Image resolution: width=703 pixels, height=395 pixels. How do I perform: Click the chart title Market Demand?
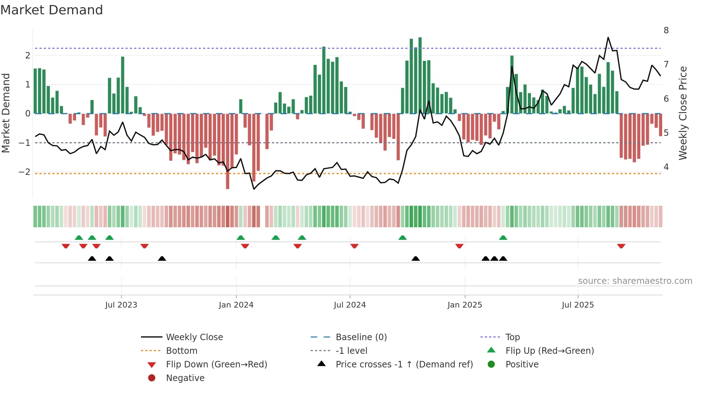(x=52, y=10)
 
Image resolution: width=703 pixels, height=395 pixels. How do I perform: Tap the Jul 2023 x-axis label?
(x=121, y=305)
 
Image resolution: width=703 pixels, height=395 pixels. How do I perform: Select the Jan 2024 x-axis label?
(x=236, y=305)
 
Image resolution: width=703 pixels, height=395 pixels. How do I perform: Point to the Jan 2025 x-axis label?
(x=465, y=305)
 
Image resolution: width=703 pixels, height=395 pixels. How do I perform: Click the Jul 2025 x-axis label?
(x=578, y=305)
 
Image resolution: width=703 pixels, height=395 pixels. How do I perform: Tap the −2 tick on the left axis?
(x=24, y=172)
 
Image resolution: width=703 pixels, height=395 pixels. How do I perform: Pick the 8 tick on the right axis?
(x=666, y=30)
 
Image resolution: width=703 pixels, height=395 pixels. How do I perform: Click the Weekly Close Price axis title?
(x=683, y=113)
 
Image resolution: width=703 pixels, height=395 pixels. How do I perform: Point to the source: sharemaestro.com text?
(x=635, y=281)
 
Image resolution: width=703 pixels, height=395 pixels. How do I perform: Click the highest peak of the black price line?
(x=608, y=38)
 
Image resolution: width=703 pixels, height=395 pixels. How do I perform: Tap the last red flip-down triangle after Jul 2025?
(x=621, y=246)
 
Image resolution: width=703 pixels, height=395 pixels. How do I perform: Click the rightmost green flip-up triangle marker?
(x=503, y=238)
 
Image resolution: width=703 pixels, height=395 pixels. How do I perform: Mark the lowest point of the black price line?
(x=254, y=189)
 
